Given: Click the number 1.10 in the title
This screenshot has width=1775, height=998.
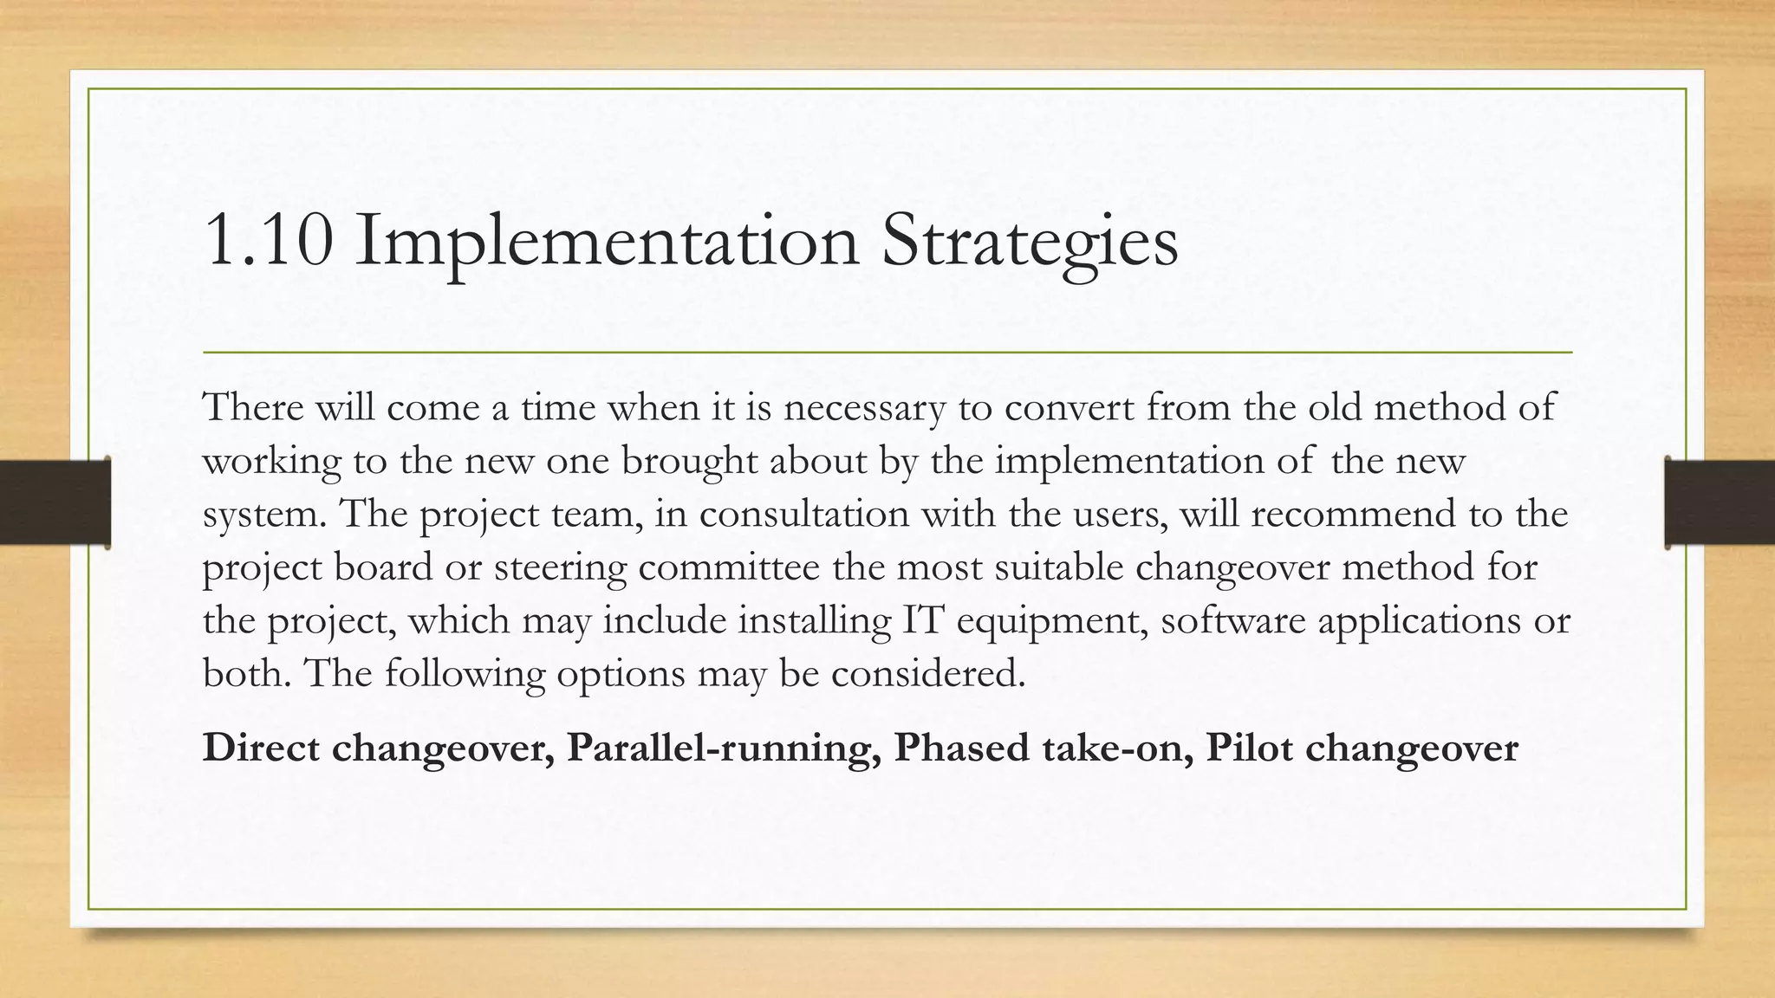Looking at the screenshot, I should (268, 242).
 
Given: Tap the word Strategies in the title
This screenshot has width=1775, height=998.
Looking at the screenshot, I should (1030, 242).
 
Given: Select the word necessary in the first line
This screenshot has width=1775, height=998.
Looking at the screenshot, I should (864, 408).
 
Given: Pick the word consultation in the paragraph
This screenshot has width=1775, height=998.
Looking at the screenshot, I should (803, 514).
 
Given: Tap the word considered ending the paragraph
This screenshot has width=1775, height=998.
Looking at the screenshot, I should (927, 674).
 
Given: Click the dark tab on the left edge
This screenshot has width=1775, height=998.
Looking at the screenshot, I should (54, 502).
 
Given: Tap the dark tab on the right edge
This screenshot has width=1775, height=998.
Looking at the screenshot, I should (1720, 502).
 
